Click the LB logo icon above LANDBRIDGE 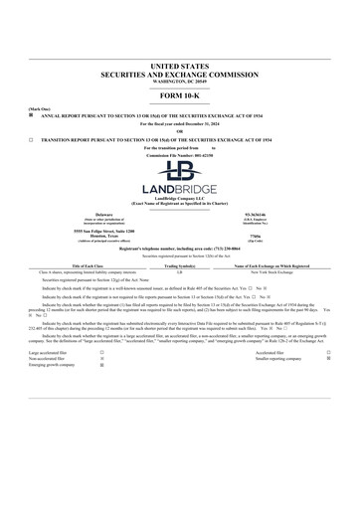pos(180,171)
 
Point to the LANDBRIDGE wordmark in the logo pos(180,190)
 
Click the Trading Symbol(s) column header pos(179,266)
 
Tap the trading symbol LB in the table pos(179,272)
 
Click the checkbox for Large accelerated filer pos(102,352)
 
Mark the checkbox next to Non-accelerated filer pos(102,358)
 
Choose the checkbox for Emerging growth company pos(102,365)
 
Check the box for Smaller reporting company pos(328,358)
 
